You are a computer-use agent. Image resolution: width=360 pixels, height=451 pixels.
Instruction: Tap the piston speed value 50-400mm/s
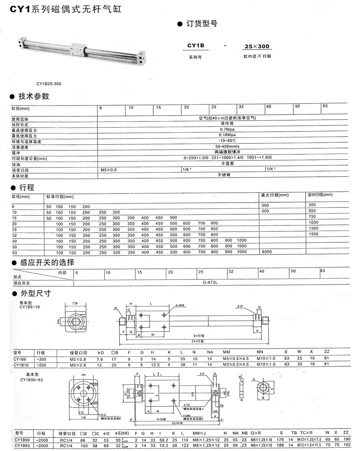click(227, 147)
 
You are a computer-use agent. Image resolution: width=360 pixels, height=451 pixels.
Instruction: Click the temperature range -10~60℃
click(227, 142)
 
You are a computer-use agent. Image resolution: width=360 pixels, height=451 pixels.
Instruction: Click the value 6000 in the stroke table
click(266, 252)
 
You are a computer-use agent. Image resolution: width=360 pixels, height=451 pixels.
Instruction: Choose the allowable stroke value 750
click(312, 216)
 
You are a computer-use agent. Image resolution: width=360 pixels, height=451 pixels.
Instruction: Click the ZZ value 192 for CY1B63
click(346, 445)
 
